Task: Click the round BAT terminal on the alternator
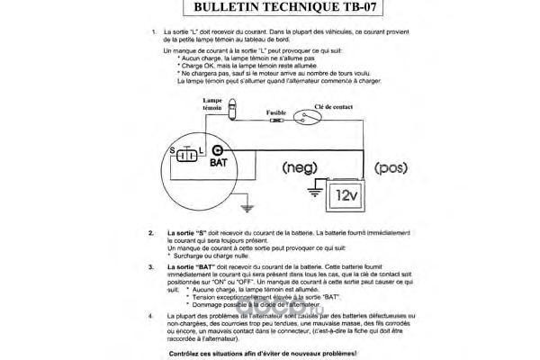click(217, 151)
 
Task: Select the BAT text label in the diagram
click(219, 165)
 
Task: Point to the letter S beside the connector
click(170, 148)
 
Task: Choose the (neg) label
click(299, 167)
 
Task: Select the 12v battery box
click(346, 193)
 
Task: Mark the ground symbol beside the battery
click(314, 190)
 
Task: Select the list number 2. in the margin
click(150, 233)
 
